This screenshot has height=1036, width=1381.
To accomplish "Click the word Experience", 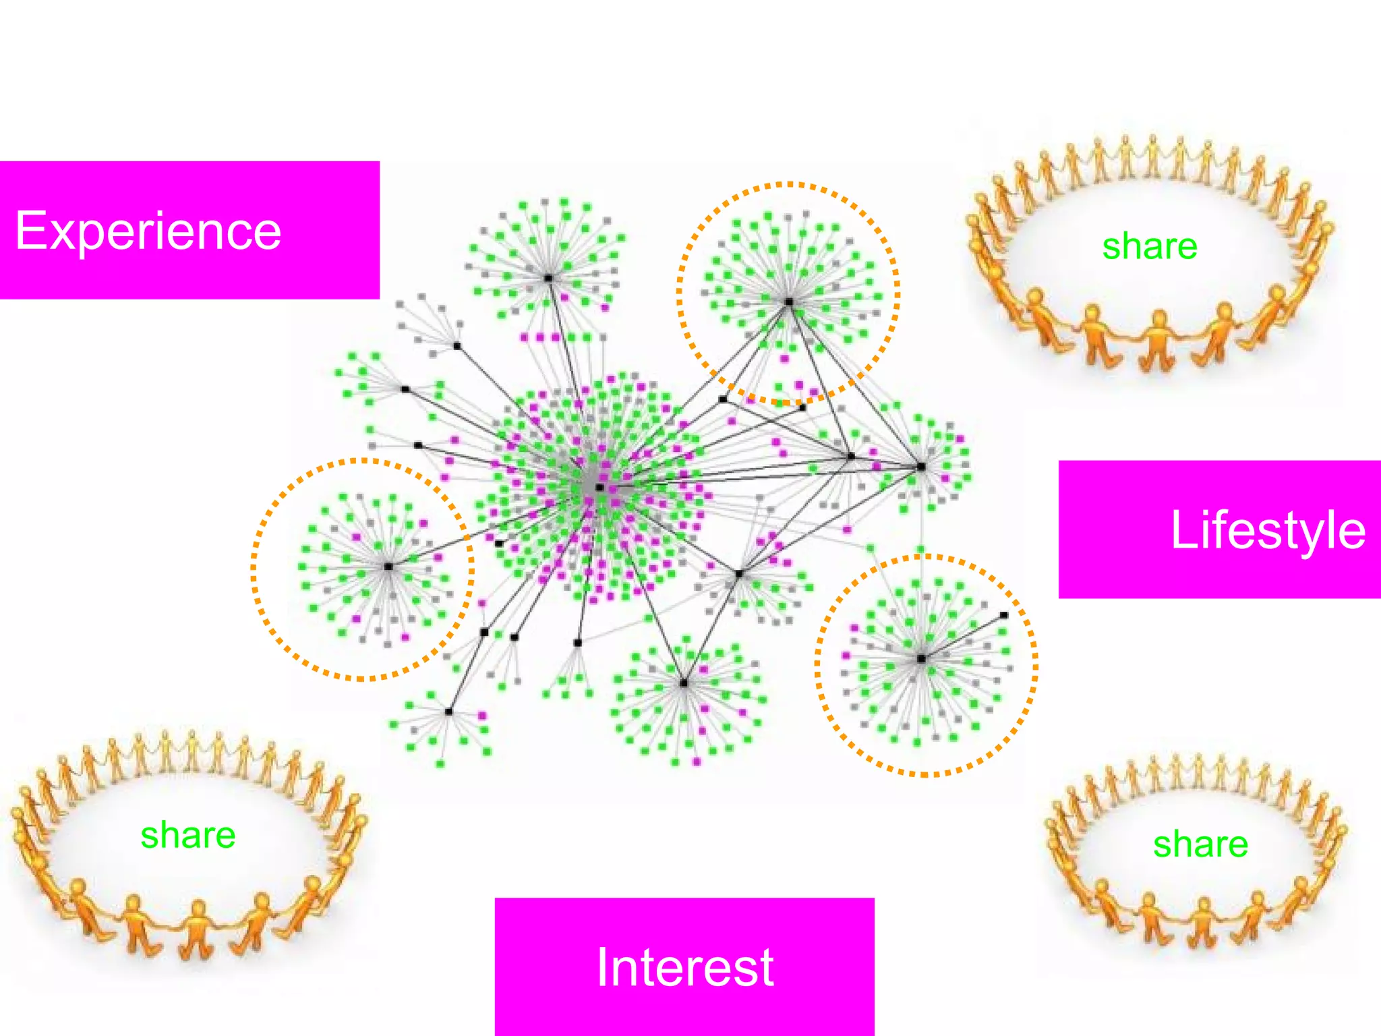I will click(x=148, y=231).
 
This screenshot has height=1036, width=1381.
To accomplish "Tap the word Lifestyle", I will click(x=1268, y=530).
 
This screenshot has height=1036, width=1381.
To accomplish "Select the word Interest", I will click(x=685, y=967).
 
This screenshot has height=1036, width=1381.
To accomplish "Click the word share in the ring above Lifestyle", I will click(x=1150, y=246).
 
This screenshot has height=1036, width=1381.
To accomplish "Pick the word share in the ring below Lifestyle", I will click(x=1200, y=844).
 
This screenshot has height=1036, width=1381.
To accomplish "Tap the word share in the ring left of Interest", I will click(x=188, y=835).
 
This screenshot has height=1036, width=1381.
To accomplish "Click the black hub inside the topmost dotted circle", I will click(x=788, y=301).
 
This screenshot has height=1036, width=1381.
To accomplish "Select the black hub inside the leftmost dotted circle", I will click(x=388, y=567).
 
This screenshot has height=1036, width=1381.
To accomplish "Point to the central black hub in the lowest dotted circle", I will click(x=921, y=658).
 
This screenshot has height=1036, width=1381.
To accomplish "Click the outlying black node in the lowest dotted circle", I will click(x=1004, y=615).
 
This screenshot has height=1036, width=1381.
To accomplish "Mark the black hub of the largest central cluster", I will click(x=599, y=487).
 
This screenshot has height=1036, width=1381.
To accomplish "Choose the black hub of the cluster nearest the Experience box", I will click(x=548, y=278).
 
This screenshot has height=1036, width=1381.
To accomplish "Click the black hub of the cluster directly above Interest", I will click(x=684, y=683).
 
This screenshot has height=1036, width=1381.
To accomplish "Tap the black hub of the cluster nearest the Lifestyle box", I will click(x=921, y=466).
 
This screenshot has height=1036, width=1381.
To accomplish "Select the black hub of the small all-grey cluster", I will click(x=457, y=346).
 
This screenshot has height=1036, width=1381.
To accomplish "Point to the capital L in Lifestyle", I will click(x=1183, y=530).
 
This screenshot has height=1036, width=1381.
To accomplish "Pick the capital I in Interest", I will click(x=603, y=967).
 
